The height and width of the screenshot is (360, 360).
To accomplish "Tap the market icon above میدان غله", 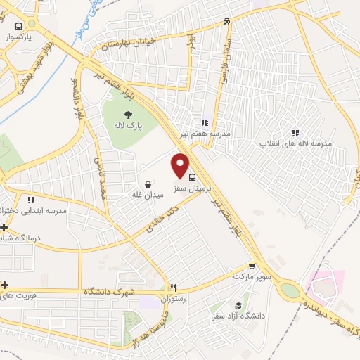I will (148, 184).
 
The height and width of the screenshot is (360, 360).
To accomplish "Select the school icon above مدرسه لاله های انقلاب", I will (295, 132).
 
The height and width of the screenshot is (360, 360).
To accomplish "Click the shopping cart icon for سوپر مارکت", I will (252, 266).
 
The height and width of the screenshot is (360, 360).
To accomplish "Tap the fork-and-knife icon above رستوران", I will (174, 287).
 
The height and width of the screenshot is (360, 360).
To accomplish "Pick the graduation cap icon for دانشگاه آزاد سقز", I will (239, 306).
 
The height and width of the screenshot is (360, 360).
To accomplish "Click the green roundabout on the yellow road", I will (290, 290).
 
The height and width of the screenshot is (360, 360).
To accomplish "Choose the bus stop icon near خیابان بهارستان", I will (226, 21).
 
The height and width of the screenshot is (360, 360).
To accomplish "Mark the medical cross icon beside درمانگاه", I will (5, 227).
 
